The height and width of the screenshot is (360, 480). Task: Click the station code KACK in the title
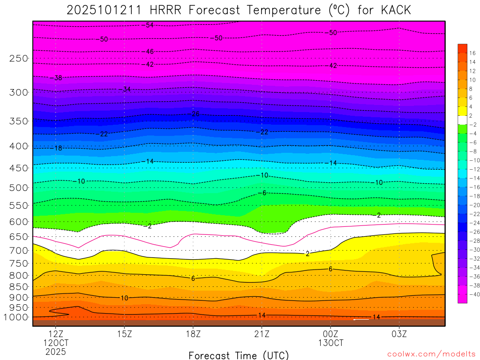coord(395,10)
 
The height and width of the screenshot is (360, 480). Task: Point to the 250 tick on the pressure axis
coord(19,59)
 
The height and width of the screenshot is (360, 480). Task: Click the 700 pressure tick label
coord(19,250)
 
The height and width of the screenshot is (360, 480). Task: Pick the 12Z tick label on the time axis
coord(56,334)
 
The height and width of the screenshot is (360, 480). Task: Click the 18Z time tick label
coord(193,334)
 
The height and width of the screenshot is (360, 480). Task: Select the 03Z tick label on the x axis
coord(399,334)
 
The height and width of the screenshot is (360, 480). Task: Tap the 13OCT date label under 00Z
coord(331,343)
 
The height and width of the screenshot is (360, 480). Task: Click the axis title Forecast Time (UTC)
coord(239,355)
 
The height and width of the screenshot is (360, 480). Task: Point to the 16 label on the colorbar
coord(472,53)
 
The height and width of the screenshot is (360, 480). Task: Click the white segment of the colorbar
coord(462,120)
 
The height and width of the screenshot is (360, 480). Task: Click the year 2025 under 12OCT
coord(56,351)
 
